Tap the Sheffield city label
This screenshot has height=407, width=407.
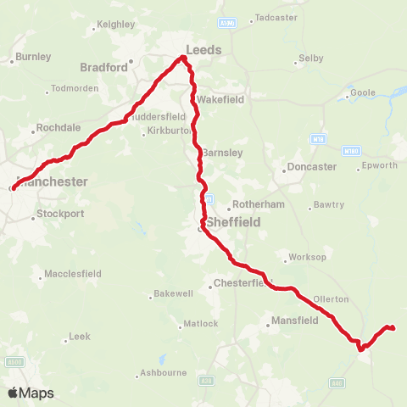coord(230,221)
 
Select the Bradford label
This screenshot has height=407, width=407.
coord(103,66)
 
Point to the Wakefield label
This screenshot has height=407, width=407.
coord(222,99)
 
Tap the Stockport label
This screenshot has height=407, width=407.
coord(60,214)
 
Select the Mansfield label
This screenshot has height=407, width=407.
coord(295,321)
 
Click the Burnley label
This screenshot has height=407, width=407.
coord(33,57)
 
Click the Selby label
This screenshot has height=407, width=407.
coord(311,59)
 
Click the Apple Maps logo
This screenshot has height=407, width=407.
coord(31,393)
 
